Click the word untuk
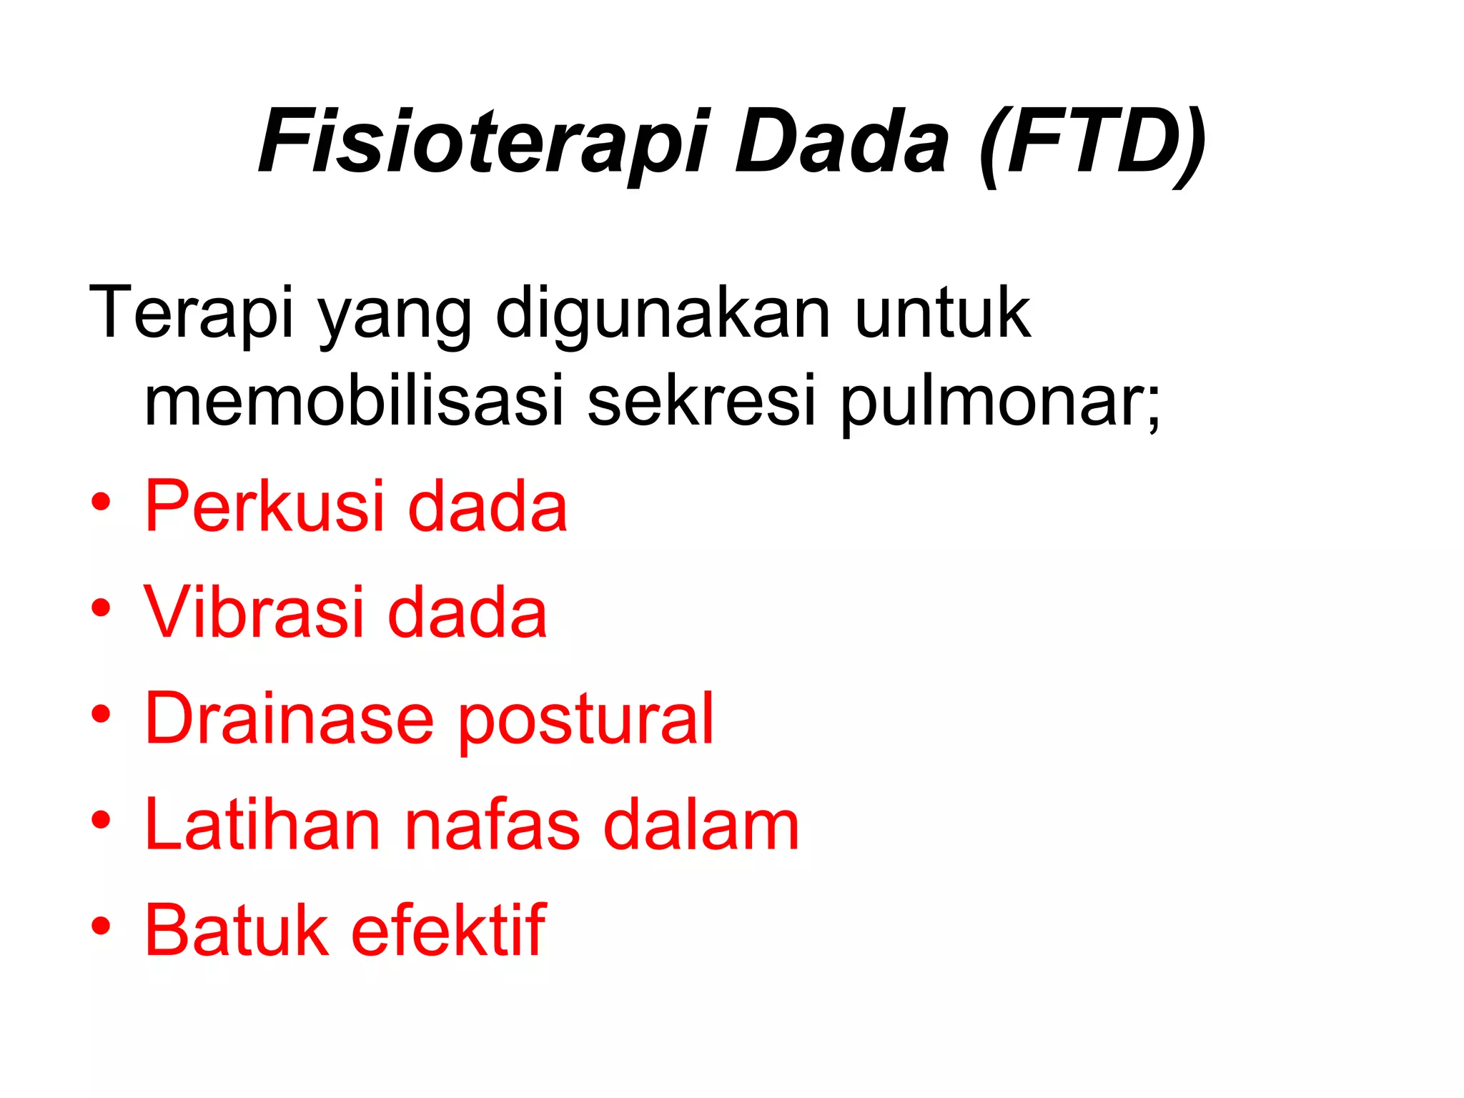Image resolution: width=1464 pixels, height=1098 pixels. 942,313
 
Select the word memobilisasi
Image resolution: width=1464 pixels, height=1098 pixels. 355,400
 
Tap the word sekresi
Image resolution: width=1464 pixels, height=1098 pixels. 701,400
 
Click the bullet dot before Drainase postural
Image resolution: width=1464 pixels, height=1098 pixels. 101,713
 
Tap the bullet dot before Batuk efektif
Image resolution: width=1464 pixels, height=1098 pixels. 101,926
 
